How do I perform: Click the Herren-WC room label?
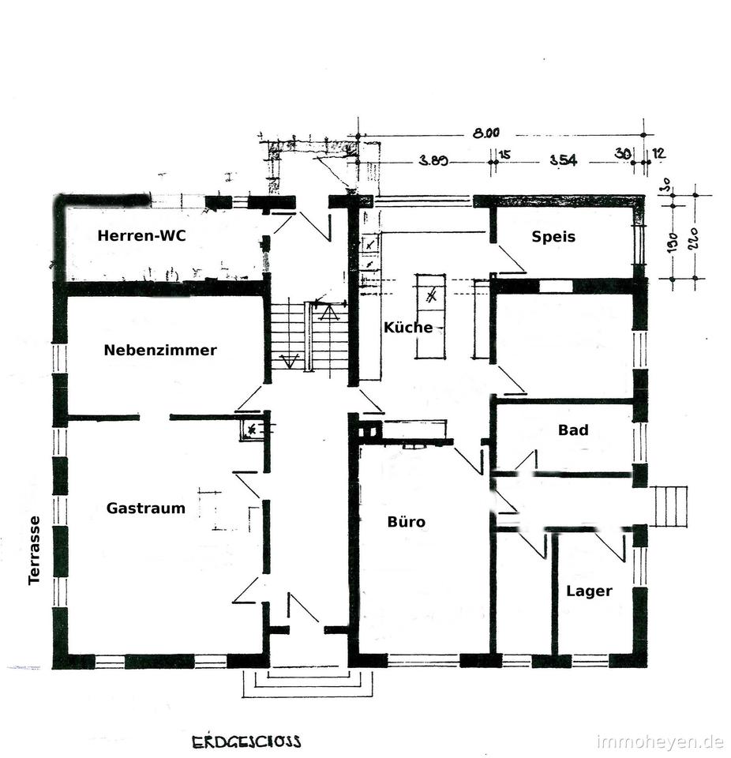pyautogui.click(x=142, y=235)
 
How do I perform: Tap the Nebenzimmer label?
pyautogui.click(x=160, y=351)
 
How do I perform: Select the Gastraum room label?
pyautogui.click(x=146, y=508)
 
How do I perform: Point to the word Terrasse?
pyautogui.click(x=34, y=550)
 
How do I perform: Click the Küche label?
pyautogui.click(x=408, y=328)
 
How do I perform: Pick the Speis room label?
pyautogui.click(x=553, y=236)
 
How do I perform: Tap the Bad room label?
pyautogui.click(x=573, y=430)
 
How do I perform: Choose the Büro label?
pyautogui.click(x=407, y=522)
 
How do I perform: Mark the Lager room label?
pyautogui.click(x=589, y=591)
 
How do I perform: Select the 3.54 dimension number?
pyautogui.click(x=564, y=160)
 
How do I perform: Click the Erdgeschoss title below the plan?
pyautogui.click(x=246, y=741)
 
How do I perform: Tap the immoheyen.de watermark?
pyautogui.click(x=661, y=742)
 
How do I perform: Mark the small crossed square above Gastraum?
pyautogui.click(x=252, y=430)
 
